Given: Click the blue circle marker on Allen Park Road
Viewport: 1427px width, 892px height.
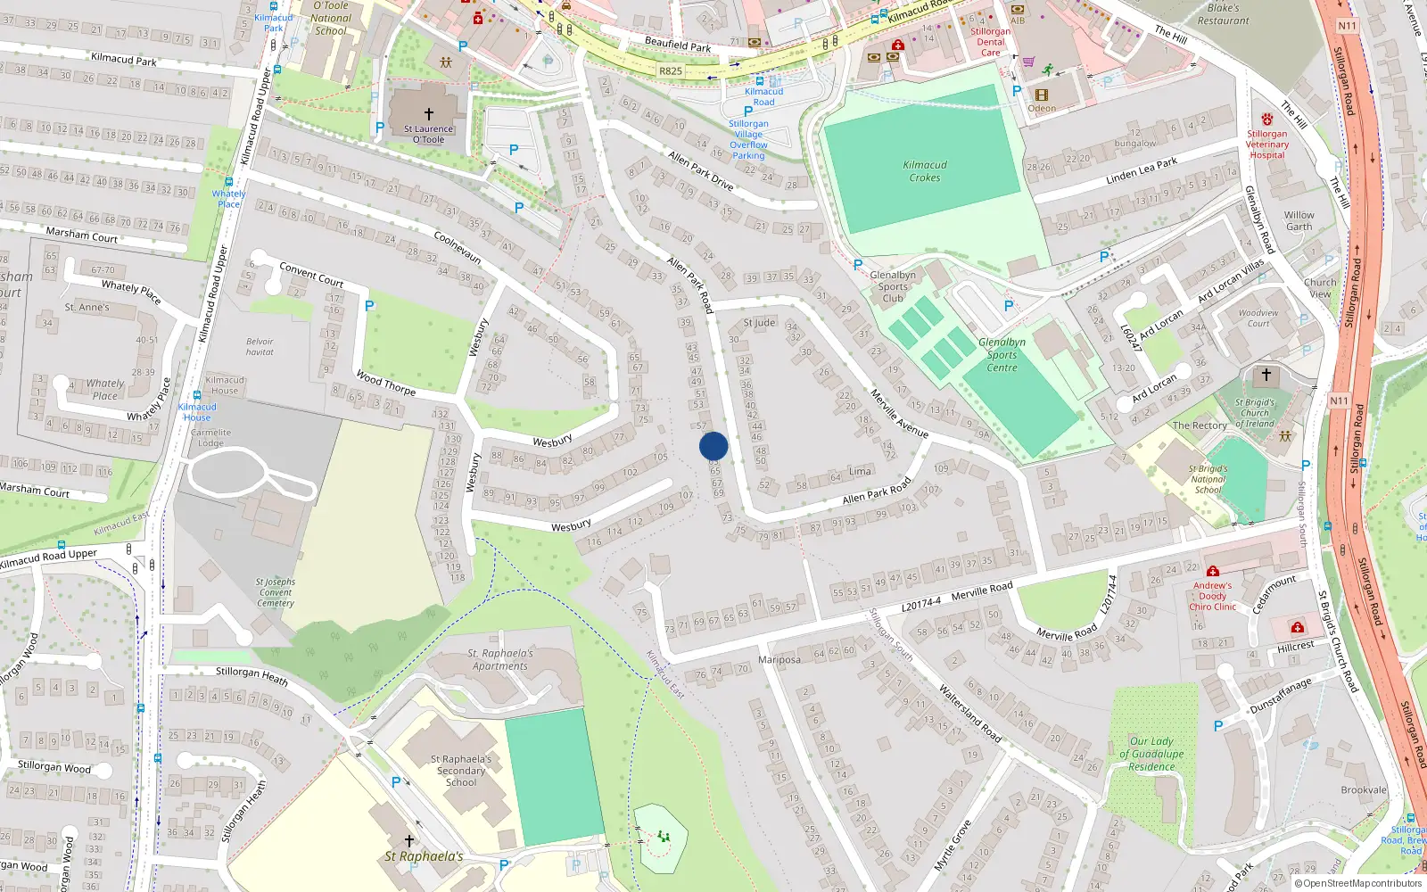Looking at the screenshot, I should [713, 446].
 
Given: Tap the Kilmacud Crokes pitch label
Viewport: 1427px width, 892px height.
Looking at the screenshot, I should [925, 171].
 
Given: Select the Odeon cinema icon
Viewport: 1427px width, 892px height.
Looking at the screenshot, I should [1042, 95].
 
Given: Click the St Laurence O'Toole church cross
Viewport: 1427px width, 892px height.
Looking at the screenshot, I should [428, 114].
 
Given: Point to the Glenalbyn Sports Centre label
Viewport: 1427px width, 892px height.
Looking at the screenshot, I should [1002, 354].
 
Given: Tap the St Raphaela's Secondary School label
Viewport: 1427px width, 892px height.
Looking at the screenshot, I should [461, 771].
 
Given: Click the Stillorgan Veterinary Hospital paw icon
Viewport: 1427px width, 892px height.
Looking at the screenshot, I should [1267, 119].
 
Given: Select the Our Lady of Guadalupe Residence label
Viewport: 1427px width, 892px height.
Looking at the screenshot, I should [1151, 754].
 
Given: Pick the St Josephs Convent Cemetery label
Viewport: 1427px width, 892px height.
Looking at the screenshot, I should [276, 592].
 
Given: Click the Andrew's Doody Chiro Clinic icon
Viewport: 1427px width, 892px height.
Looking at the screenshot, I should [1212, 571].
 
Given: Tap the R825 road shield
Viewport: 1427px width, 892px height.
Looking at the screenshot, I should [671, 70].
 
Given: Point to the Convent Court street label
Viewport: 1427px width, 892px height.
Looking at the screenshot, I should [311, 273].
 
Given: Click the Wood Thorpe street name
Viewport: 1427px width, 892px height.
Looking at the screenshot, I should [385, 383].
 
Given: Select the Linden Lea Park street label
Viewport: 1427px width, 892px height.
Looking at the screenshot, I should [1142, 170].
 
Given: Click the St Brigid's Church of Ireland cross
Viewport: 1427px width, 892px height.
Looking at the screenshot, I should [1266, 375].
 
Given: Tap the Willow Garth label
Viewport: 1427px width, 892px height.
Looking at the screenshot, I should [1299, 220].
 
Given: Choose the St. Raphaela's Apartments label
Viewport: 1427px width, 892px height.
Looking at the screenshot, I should [500, 659].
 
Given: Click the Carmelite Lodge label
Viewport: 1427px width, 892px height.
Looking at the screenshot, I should [210, 437].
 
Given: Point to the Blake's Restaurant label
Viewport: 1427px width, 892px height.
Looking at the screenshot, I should [1223, 14].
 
